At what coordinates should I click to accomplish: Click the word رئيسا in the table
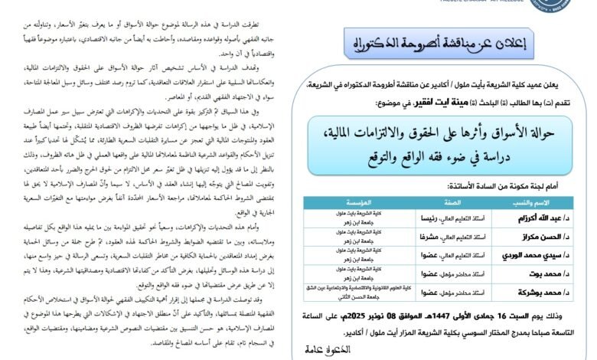431,217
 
